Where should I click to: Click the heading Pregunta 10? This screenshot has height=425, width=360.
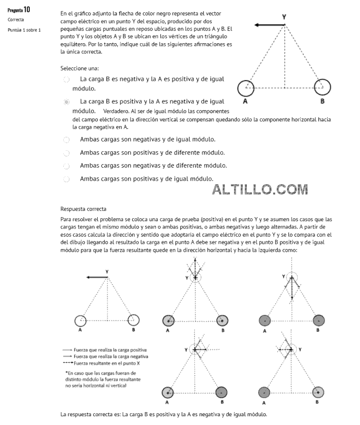(x=19, y=10)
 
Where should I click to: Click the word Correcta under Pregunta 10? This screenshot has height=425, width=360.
(x=16, y=20)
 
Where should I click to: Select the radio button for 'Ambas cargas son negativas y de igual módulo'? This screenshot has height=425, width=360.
(x=66, y=139)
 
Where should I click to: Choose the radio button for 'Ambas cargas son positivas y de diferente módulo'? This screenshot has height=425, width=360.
(x=66, y=153)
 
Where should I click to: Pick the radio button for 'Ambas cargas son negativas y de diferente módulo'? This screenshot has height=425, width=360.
(x=66, y=166)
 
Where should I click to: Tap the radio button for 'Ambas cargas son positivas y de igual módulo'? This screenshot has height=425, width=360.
(x=66, y=179)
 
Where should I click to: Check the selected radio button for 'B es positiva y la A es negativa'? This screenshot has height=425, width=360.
(x=66, y=102)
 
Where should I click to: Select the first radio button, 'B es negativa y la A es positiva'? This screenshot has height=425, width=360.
(x=66, y=80)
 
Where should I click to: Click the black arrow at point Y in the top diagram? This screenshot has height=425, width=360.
(x=269, y=25)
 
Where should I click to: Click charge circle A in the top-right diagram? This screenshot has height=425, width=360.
(x=245, y=87)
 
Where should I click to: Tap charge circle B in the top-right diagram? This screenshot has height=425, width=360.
(x=322, y=87)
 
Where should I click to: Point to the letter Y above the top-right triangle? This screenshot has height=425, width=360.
(x=284, y=17)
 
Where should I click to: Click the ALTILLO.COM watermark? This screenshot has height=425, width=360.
(x=260, y=189)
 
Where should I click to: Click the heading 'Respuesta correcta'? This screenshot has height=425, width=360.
(x=83, y=209)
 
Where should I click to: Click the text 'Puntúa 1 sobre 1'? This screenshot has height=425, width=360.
(x=24, y=30)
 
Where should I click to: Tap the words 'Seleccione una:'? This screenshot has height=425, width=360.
(x=79, y=68)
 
